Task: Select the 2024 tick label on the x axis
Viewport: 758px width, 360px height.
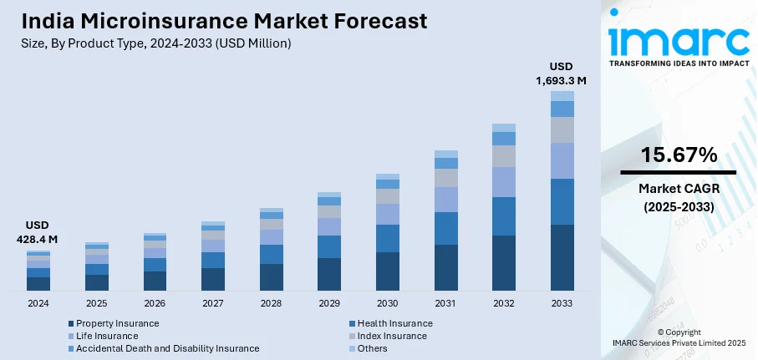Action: coord(38,303)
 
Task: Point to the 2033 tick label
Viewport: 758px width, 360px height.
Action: coord(562,303)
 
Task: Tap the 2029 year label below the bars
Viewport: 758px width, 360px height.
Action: coord(329,303)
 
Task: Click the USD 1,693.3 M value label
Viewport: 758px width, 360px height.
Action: coord(562,74)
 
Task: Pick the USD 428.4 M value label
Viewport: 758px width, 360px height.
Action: coord(38,232)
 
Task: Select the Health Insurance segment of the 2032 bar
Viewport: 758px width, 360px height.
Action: coord(504,216)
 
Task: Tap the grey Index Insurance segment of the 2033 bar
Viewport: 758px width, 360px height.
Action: coord(562,129)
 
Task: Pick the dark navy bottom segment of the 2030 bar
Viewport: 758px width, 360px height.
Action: coord(388,271)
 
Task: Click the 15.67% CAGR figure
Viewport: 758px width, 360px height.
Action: coord(679,155)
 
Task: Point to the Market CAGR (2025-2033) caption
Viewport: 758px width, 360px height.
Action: coord(679,197)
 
